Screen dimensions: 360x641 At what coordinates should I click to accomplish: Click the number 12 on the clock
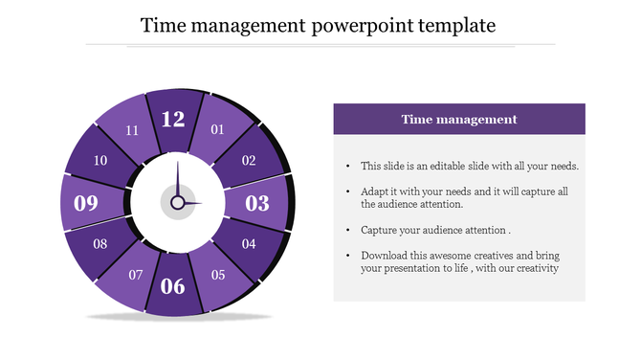tap(173, 120)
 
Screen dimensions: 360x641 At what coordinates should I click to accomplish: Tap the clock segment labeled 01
tap(217, 129)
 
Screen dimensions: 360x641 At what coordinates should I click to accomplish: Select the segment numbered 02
tap(249, 161)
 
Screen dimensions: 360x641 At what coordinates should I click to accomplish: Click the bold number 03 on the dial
tap(257, 203)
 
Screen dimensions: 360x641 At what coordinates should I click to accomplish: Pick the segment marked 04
tap(249, 244)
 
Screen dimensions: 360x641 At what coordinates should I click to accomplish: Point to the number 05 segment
tap(218, 276)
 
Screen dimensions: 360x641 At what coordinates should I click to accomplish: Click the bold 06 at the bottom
tap(173, 285)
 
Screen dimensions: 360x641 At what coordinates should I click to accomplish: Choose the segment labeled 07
tap(136, 276)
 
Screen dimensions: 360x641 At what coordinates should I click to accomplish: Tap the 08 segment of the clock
tap(100, 244)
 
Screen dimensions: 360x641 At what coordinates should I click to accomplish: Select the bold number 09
tap(86, 203)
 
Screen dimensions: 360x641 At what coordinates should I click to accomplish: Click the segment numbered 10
tap(100, 161)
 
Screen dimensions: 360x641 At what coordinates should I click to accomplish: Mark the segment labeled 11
tap(132, 130)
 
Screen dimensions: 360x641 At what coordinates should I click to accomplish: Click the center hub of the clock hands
tap(177, 203)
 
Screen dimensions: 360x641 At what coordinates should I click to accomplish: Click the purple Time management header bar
tap(459, 120)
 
